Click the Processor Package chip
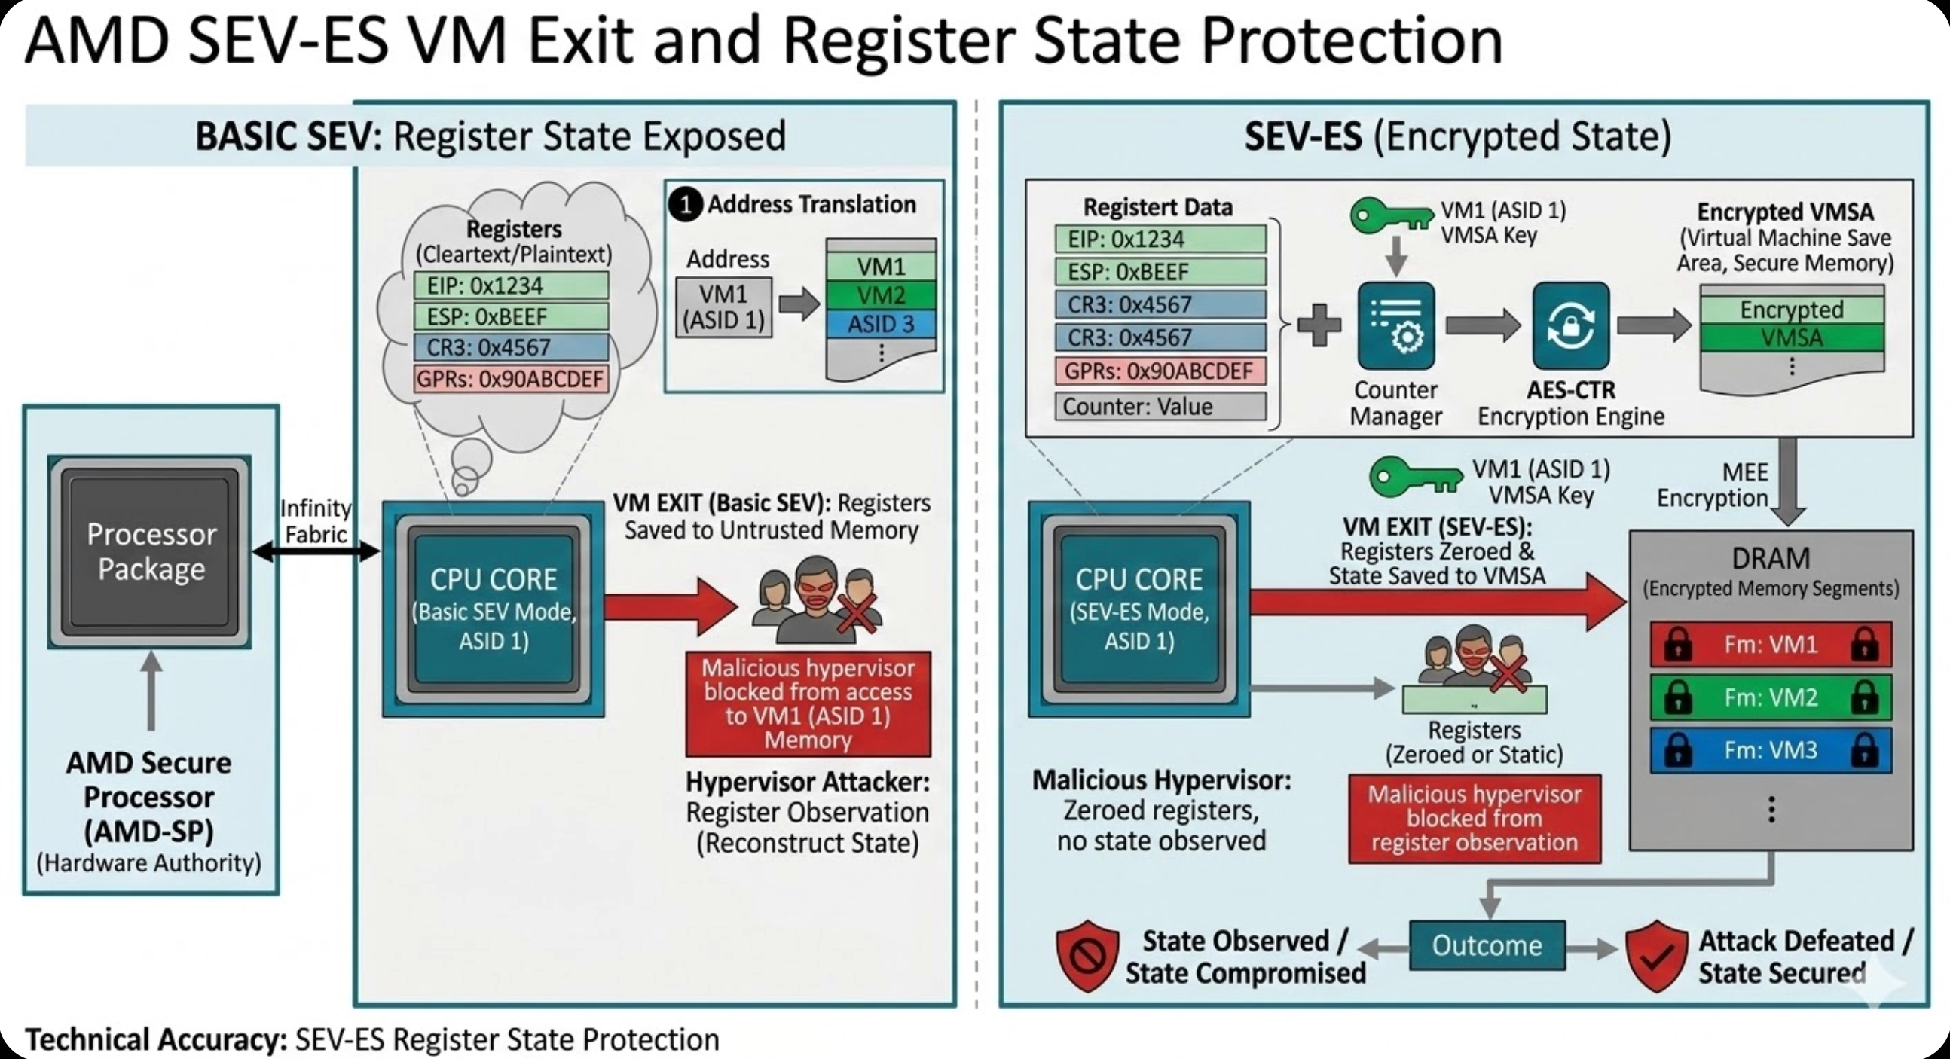(x=150, y=552)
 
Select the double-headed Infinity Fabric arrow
(x=316, y=552)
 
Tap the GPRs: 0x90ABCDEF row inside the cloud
(x=511, y=379)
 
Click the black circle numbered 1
(x=686, y=204)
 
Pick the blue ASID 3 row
(x=881, y=324)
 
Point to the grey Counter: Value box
(x=1160, y=407)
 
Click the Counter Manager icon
(x=1396, y=325)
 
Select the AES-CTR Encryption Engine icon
(x=1571, y=325)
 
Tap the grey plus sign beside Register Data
(x=1319, y=325)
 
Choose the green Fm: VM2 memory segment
(x=1771, y=697)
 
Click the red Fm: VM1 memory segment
(x=1771, y=644)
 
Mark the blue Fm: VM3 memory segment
(x=1771, y=750)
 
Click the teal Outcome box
(x=1487, y=945)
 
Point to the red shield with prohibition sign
(x=1088, y=956)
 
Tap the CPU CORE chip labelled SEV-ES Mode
(x=1139, y=609)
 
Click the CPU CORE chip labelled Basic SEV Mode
(x=494, y=609)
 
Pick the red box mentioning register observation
(x=1474, y=818)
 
